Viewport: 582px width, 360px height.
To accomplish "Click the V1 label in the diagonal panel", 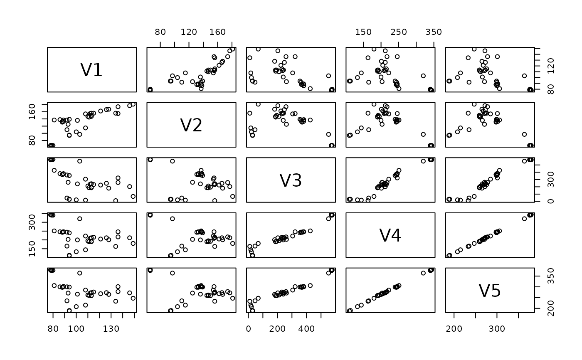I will tap(91, 70).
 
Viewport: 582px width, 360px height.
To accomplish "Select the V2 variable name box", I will tap(191, 125).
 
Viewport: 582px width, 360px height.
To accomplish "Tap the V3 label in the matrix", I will tap(291, 180).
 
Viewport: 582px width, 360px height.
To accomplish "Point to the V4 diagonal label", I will tap(390, 235).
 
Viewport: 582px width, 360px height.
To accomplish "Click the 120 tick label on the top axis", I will tap(189, 32).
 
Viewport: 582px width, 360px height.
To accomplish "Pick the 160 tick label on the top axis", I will tap(217, 32).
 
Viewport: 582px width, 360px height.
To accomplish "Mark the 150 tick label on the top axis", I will tap(363, 32).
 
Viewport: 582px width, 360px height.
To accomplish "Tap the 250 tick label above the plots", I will tap(399, 32).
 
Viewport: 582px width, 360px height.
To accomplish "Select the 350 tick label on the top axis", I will tap(434, 32).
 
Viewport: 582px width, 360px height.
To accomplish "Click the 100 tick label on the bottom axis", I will tap(76, 328).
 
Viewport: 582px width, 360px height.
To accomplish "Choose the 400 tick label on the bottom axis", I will tap(307, 328).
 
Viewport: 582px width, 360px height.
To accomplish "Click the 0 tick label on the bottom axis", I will tap(249, 328).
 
